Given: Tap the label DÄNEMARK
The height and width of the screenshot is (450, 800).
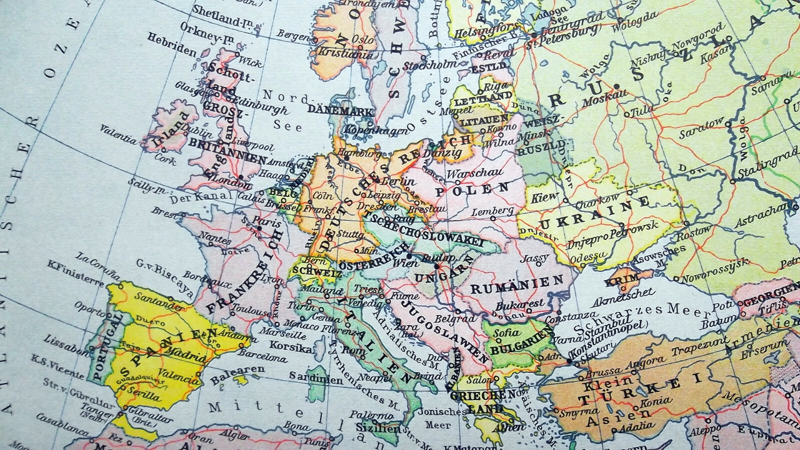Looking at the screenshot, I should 341,111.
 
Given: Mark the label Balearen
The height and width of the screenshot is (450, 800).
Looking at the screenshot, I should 237,373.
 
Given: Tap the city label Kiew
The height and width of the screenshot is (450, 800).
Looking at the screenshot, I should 544,196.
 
